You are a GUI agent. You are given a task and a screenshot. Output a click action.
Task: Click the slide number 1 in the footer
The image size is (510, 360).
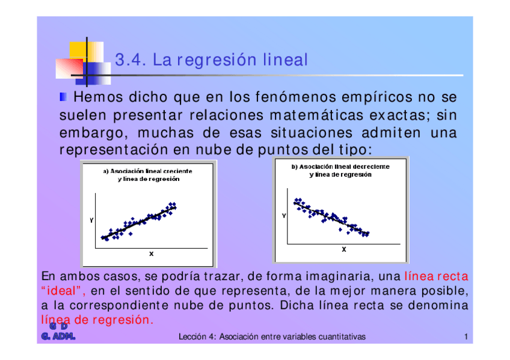[466, 337]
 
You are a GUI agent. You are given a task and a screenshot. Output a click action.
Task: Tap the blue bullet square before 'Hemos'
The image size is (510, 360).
[63, 97]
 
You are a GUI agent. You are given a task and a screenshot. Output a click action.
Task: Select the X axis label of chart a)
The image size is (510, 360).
[151, 254]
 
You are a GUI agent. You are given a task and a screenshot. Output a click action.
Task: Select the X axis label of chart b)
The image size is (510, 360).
[344, 249]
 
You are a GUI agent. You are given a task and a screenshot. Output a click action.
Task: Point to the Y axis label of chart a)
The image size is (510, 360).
[91, 221]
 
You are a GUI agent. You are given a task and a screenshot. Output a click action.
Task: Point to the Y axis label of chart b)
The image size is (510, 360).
[284, 215]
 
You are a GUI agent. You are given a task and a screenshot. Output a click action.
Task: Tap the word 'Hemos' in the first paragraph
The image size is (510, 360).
[98, 97]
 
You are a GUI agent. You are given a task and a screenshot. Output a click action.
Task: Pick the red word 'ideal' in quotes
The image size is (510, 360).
[61, 290]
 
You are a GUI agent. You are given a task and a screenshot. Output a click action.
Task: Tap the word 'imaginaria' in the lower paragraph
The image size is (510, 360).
[340, 276]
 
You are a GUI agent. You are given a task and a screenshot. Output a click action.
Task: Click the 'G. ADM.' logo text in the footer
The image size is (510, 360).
[58, 337]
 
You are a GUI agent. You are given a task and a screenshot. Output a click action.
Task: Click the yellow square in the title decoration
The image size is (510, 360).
[78, 50]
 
